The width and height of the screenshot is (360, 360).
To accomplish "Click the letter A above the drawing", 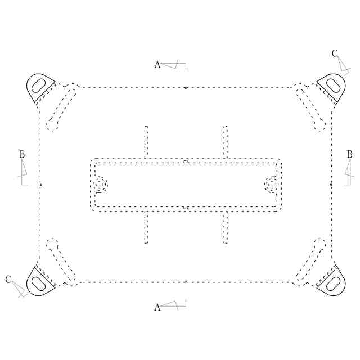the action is pos(157,65).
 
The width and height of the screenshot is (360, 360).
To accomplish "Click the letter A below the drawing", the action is pos(157,307).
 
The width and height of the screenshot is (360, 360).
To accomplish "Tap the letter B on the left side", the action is pos(22,154).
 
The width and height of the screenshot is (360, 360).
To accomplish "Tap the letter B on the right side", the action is pos(349,154).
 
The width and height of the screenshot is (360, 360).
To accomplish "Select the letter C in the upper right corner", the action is pos(335,53).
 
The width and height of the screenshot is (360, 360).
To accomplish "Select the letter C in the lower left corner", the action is pos(8,280).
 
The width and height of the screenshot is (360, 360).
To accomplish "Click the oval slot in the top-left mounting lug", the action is pos(38,85).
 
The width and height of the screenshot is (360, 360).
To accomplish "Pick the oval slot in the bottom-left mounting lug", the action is pos(38,283).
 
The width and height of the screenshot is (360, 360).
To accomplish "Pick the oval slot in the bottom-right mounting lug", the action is pos(333,283).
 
